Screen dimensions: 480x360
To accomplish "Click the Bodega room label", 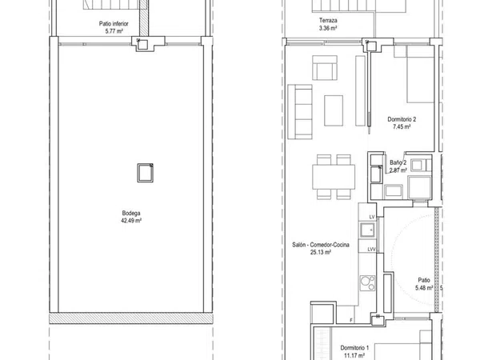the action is click(131, 213).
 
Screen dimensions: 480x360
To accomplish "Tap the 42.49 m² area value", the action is click(131, 221).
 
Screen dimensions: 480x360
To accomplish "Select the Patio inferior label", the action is click(114, 23).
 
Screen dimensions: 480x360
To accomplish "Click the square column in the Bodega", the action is click(145, 173).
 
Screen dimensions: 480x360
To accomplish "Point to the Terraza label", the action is click(328, 21).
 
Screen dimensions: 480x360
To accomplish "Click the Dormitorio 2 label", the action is click(402, 119).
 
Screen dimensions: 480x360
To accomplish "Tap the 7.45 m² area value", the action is click(402, 126).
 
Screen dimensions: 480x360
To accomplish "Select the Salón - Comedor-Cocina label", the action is click(321, 245).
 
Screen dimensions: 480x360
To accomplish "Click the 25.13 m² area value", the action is click(321, 252).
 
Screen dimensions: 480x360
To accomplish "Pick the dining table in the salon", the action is click(334, 177).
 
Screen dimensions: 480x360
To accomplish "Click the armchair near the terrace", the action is click(325, 68).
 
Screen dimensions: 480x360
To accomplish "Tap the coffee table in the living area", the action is click(334, 110).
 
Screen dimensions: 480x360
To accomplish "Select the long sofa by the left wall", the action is click(300, 112).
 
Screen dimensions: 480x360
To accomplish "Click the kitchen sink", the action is click(367, 230).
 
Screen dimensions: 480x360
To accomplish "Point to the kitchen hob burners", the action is click(367, 283).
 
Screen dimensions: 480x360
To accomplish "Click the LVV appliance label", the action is click(371, 249).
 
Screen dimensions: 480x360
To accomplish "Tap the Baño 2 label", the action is click(398, 162).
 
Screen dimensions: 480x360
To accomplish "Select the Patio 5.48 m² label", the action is click(424, 284).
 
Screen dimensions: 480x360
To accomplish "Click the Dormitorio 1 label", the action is click(354, 348).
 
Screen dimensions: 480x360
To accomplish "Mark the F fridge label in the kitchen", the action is click(351, 320).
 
